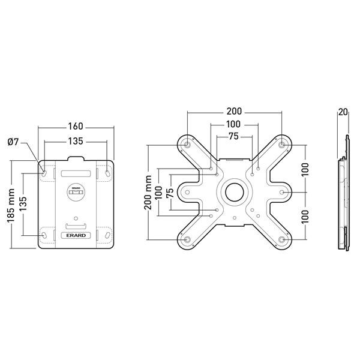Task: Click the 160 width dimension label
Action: coord(76,127)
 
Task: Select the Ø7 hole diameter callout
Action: coord(14,142)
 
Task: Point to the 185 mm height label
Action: coord(11,205)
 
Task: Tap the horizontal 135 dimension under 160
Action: coord(76,142)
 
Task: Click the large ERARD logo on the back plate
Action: coord(76,236)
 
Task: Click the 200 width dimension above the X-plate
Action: coord(234,112)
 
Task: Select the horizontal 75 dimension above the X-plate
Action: coord(234,137)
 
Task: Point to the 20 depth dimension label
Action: coord(343,112)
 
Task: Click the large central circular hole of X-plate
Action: coord(234,192)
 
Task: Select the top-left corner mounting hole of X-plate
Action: coord(187,145)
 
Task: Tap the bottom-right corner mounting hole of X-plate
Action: coord(282,240)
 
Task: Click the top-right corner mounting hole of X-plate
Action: coord(282,145)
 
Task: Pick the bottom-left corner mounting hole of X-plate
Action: coord(187,240)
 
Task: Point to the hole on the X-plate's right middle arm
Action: coord(282,193)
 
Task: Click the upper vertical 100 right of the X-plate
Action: coord(305,169)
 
